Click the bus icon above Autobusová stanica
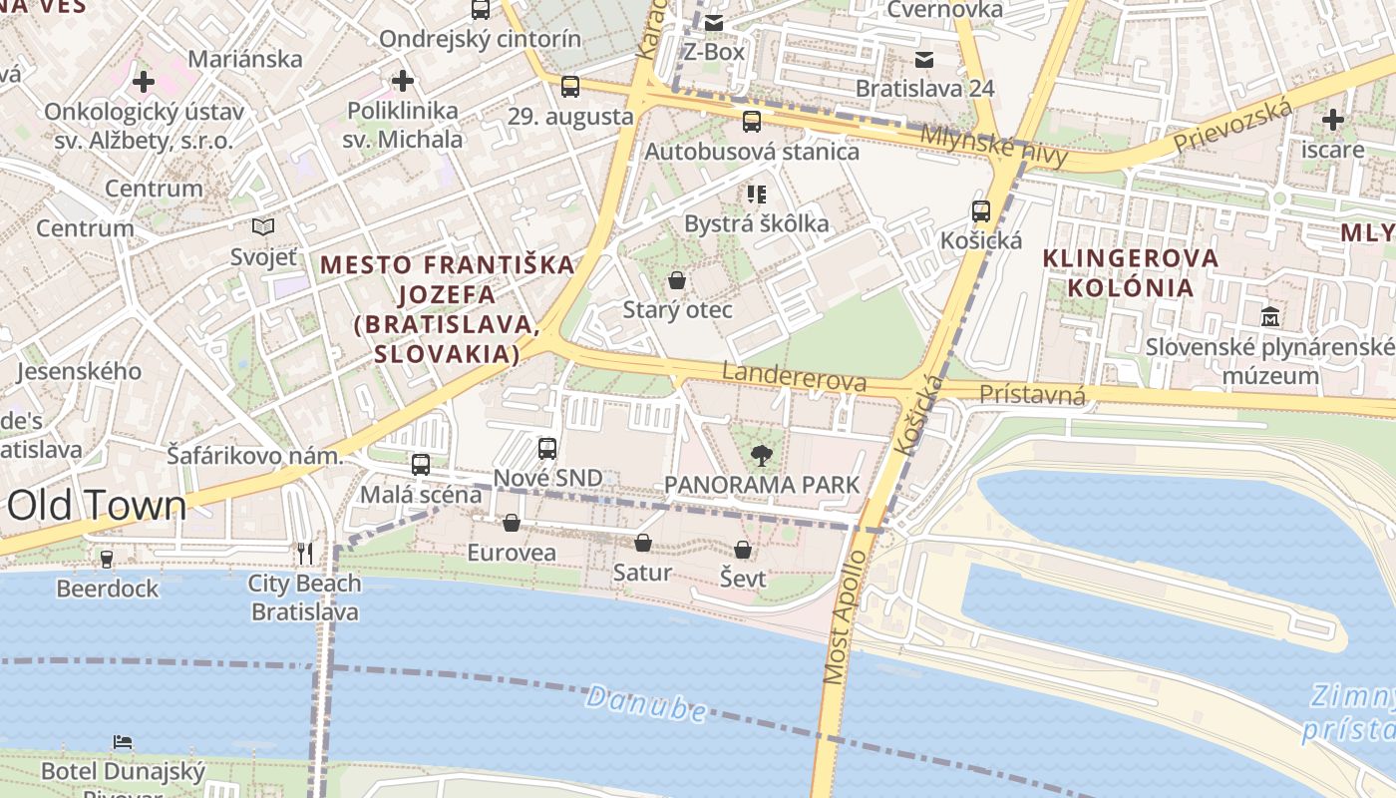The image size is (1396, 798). [752, 122]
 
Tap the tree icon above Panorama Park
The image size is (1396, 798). [761, 456]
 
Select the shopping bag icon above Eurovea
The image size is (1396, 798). [512, 523]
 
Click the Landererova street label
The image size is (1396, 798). [794, 377]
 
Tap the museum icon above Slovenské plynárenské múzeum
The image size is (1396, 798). [1270, 317]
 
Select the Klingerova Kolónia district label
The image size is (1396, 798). [1131, 272]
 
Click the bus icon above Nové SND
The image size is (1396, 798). [547, 449]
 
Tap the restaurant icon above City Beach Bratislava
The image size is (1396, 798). [305, 553]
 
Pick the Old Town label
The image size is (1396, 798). [96, 506]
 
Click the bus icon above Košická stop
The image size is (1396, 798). [981, 211]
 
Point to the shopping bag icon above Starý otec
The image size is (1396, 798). [677, 280]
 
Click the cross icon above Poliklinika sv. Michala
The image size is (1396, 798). [403, 80]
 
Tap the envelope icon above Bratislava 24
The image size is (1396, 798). [924, 59]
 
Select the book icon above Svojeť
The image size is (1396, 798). [263, 227]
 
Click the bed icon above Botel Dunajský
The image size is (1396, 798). [123, 741]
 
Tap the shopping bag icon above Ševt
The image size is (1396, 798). [743, 550]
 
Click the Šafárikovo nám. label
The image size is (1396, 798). [254, 456]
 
